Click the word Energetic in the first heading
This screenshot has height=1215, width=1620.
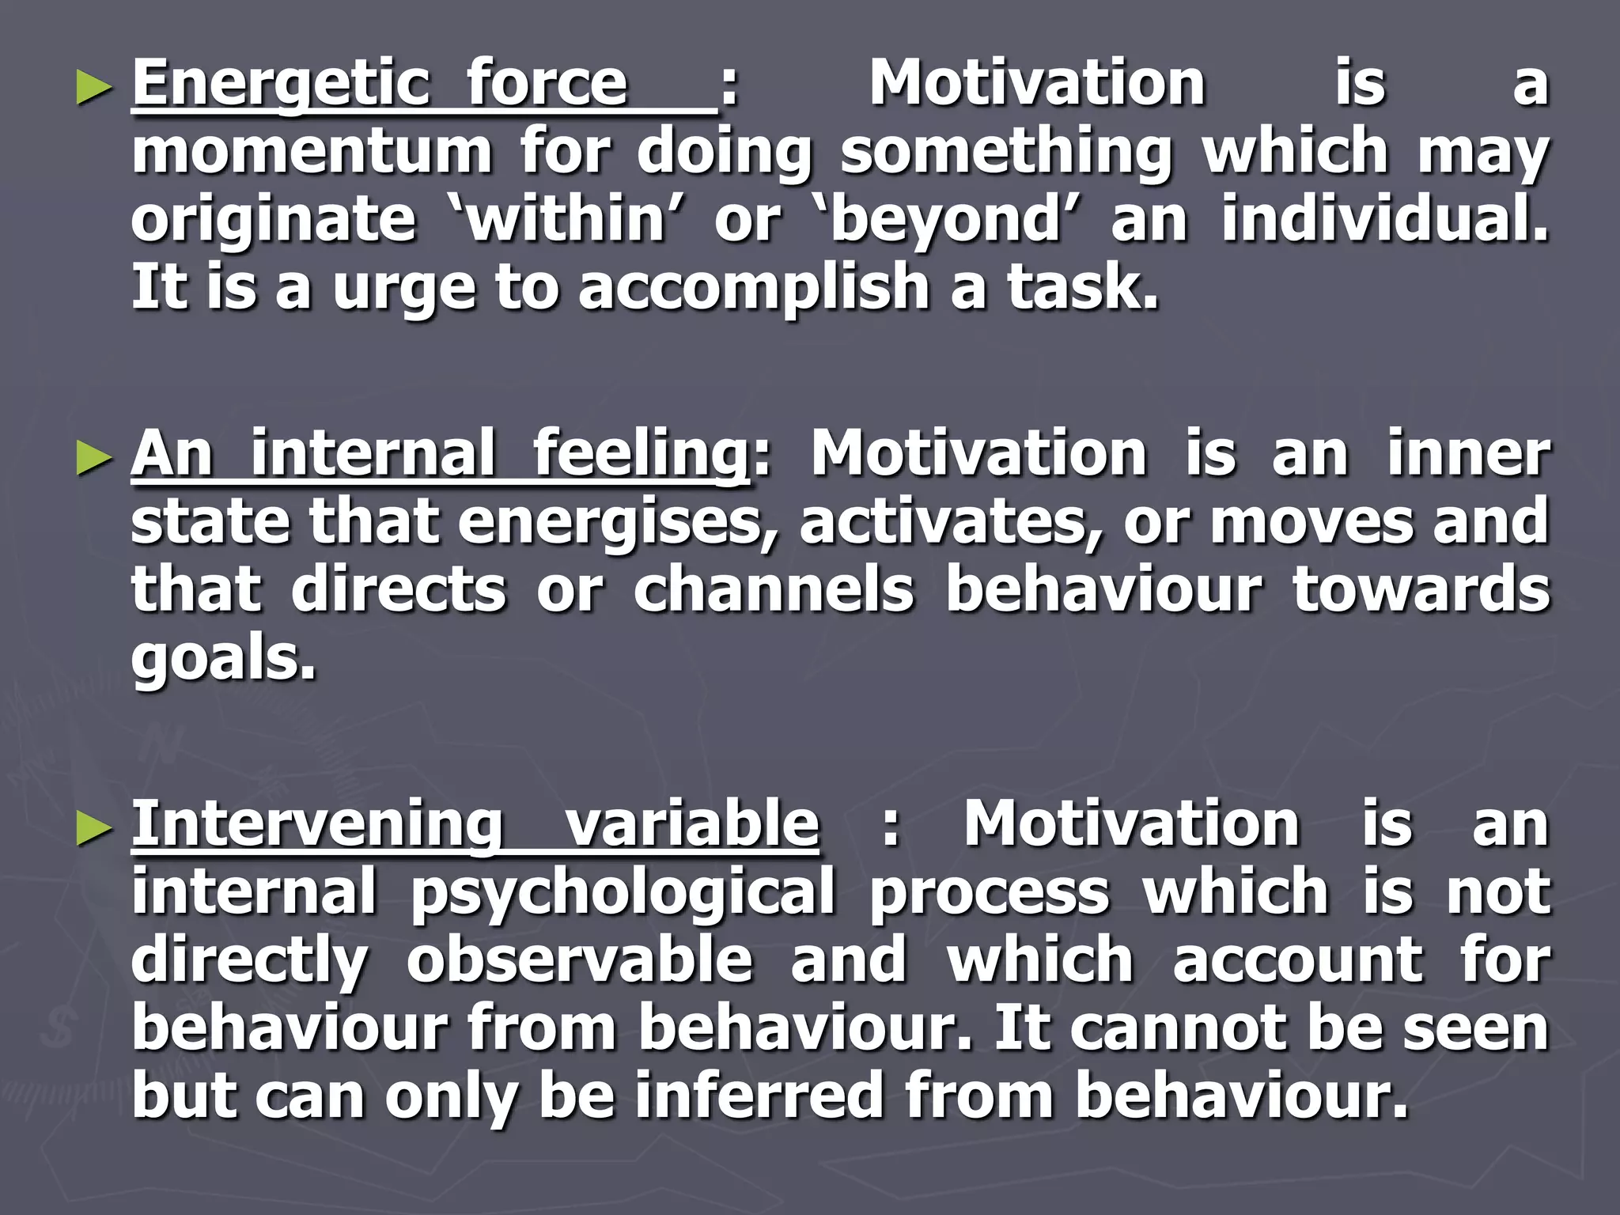281,85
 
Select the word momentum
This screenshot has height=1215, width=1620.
311,152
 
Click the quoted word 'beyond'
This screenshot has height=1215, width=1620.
946,219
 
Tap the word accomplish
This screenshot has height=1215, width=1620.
754,288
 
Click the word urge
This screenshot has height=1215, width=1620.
404,290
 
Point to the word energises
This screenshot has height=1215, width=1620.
618,523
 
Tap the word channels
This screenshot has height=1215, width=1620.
774,590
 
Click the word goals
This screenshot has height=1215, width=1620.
222,659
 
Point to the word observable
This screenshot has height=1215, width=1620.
579,960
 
